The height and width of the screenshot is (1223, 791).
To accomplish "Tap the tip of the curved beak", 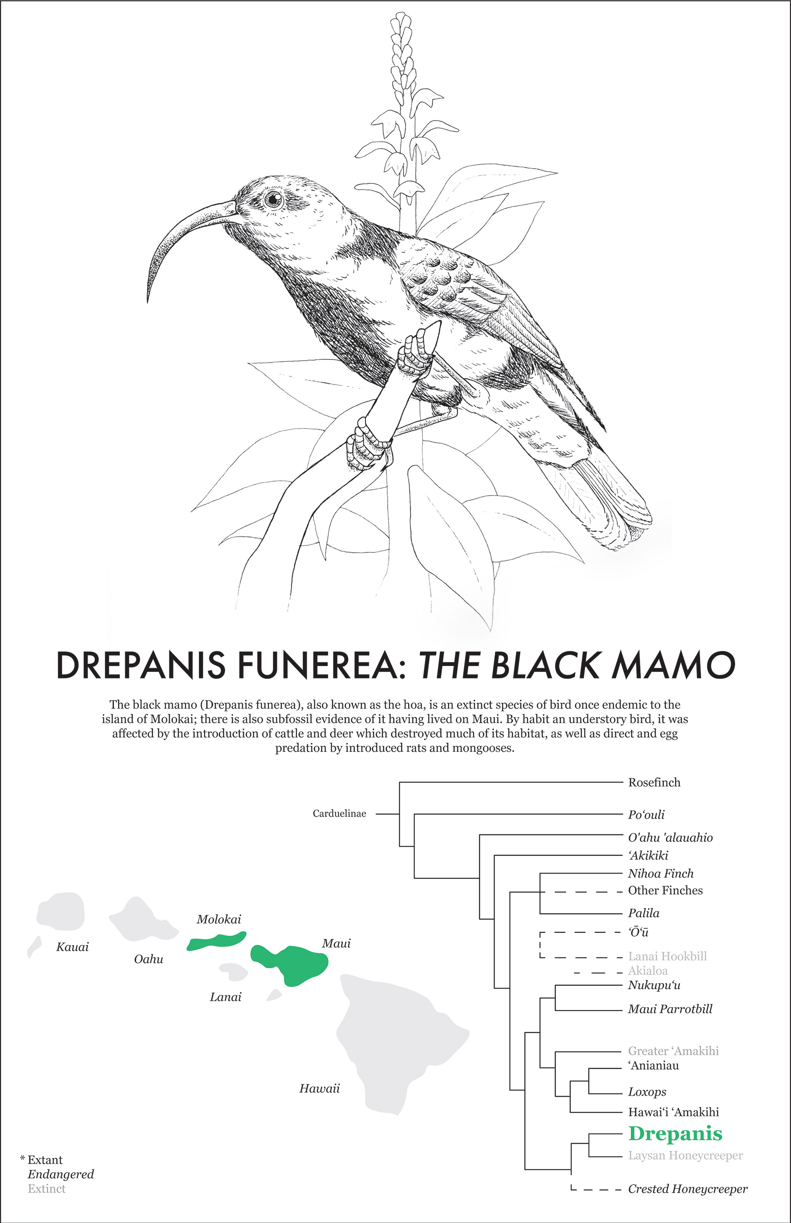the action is coord(148,301).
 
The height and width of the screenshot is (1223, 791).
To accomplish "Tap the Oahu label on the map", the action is coord(148,959).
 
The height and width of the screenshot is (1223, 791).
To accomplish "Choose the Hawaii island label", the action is coord(319,1088).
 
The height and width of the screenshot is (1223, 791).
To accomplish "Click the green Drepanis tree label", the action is coord(675,1134).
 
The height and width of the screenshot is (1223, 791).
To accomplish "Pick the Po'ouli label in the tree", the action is coord(646,815).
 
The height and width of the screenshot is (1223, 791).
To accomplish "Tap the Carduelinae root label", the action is coord(339,813).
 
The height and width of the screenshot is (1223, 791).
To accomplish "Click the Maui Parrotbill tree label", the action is coord(670,1009).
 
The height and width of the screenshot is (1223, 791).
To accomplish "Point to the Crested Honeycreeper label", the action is coord(687,1188).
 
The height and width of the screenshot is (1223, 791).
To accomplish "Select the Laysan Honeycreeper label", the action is coord(685,1155).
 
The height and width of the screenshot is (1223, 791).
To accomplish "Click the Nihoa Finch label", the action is coord(660,873).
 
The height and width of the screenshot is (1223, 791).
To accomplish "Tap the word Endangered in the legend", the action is coord(61,1174).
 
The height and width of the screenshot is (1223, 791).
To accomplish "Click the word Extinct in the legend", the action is coord(47,1188).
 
